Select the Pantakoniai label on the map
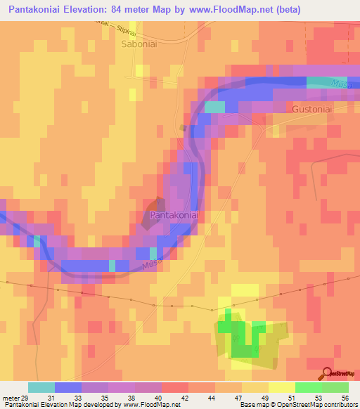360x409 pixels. click(172, 215)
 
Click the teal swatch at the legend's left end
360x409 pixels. click(41, 387)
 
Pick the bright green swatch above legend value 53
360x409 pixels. click(309, 387)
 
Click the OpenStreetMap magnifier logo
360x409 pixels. click(327, 374)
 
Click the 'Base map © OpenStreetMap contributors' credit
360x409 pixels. click(299, 404)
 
